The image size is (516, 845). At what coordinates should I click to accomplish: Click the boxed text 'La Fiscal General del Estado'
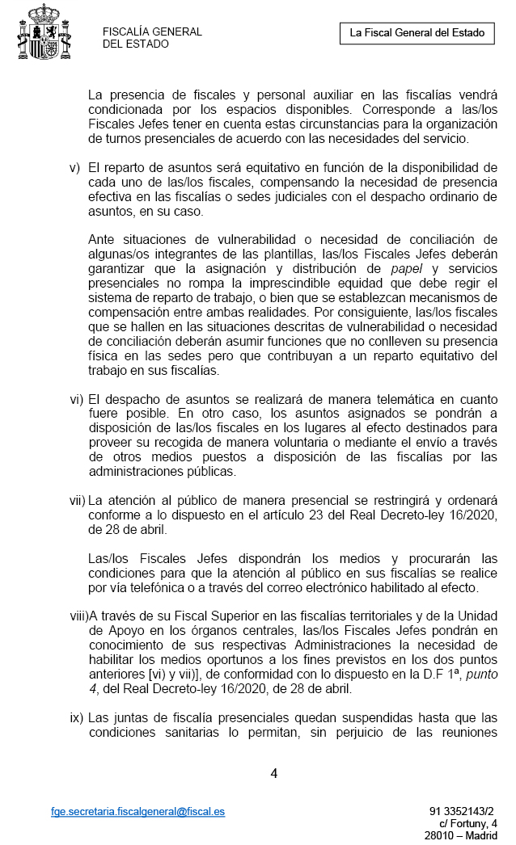[417, 33]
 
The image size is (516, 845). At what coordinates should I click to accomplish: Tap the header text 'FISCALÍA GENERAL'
[152, 32]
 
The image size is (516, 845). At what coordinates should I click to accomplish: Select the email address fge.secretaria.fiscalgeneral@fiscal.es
[137, 810]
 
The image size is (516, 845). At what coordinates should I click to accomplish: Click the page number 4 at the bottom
[273, 773]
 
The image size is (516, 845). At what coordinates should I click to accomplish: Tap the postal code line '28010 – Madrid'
[461, 836]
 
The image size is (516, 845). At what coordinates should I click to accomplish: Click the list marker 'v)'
[75, 168]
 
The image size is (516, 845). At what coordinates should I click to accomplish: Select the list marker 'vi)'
[76, 399]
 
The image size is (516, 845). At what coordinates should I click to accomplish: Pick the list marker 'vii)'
[78, 501]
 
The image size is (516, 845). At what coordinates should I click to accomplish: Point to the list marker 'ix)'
[76, 717]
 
